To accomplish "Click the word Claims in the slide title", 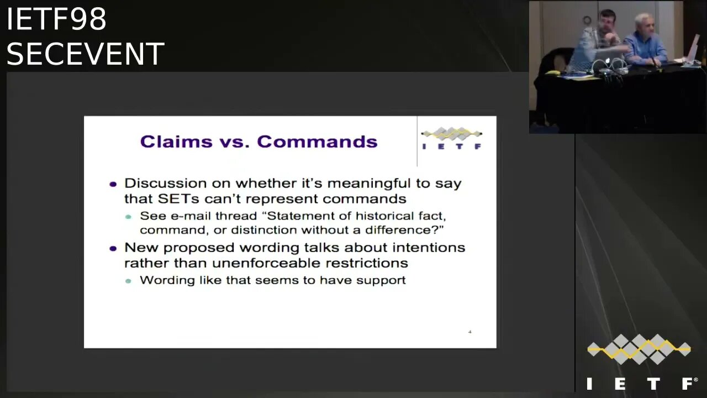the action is (x=176, y=142).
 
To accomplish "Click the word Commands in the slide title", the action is (x=317, y=142).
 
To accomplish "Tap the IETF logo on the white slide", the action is (x=451, y=138).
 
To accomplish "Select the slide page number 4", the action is (x=470, y=332).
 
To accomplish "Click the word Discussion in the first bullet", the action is (x=166, y=183).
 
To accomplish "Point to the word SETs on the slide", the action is (x=178, y=198).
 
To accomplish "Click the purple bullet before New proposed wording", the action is (x=113, y=249).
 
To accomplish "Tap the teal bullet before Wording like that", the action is (x=128, y=281).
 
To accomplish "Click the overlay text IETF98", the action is (x=56, y=19).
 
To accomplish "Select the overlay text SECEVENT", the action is (x=85, y=54).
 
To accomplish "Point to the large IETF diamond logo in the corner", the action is (x=639, y=349).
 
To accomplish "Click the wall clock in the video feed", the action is (x=587, y=20).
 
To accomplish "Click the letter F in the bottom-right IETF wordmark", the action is (x=689, y=384).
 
